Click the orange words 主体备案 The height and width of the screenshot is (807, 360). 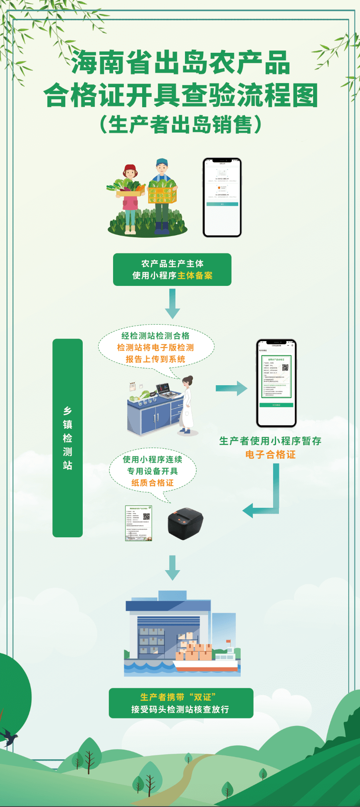coord(195,276)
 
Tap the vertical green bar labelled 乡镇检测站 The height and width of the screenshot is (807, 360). coord(67,438)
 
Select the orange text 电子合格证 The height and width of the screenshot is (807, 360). coord(270,455)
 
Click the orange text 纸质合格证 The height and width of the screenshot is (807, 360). coord(153,483)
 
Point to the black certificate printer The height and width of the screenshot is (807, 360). coord(185,523)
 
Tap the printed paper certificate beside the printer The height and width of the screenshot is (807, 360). coord(139,523)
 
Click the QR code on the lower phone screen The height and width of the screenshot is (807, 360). coord(285,367)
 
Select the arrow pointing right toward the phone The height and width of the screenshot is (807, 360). coord(232,388)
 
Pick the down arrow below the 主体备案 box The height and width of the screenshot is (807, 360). coord(172,304)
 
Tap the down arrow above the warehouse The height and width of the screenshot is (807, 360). coord(172,567)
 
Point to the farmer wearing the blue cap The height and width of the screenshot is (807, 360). coord(162,195)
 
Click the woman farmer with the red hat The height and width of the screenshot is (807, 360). coord(130,197)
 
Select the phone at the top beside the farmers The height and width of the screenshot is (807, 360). coord(222,197)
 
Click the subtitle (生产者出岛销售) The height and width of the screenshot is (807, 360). coord(180,124)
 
